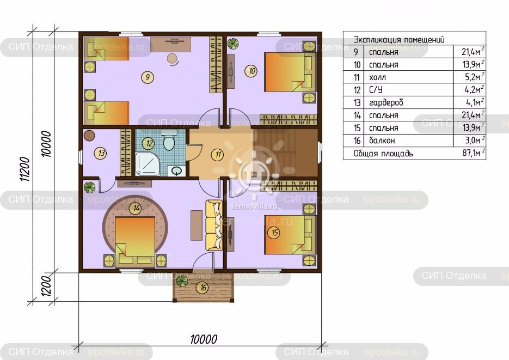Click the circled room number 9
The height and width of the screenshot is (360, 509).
tap(148, 77)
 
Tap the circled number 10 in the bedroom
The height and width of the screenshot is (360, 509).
tap(252, 71)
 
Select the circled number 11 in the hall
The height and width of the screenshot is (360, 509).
tap(218, 155)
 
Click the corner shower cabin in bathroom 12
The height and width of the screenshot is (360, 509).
tap(148, 164)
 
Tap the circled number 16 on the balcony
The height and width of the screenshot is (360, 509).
tap(203, 287)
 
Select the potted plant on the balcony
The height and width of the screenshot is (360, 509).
tap(182, 281)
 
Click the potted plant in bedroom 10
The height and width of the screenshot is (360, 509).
tap(233, 44)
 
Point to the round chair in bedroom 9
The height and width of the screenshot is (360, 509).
tap(173, 59)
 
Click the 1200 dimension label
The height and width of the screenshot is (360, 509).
tap(46, 286)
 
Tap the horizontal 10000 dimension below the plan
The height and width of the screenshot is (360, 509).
tap(204, 339)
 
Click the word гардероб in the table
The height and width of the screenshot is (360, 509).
tap(386, 103)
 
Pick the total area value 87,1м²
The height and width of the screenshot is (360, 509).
tap(473, 152)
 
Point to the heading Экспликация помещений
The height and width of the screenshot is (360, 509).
tap(399, 40)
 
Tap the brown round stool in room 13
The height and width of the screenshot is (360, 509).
tap(89, 136)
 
